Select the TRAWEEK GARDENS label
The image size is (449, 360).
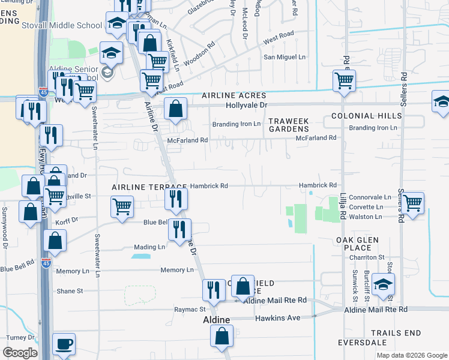(x=288, y=125)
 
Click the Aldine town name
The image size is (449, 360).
(x=215, y=320)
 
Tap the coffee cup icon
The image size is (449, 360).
(x=64, y=344)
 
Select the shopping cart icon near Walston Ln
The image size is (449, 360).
(x=412, y=203)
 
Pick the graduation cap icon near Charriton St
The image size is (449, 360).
(x=383, y=284)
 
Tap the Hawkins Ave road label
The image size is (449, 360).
(x=277, y=318)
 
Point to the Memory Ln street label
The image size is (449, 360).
(x=176, y=271)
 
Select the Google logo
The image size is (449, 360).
(x=20, y=353)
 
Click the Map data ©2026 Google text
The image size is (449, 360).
(x=412, y=355)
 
